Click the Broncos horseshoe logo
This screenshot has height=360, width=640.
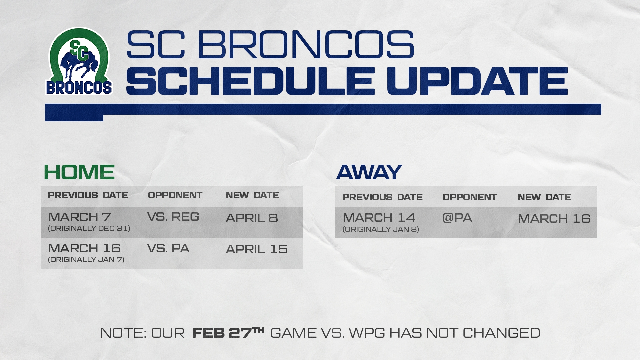(x=79, y=61)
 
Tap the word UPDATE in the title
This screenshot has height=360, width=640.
(x=477, y=81)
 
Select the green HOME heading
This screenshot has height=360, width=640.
(x=79, y=172)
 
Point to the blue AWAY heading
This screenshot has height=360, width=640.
(x=369, y=172)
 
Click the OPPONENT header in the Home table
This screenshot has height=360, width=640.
(x=175, y=195)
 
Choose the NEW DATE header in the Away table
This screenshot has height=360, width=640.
(x=544, y=197)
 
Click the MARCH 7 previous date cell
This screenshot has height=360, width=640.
(x=79, y=217)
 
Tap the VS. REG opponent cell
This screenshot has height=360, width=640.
(x=173, y=217)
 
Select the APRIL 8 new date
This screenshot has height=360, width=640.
(x=252, y=218)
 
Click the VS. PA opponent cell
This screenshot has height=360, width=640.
(x=168, y=248)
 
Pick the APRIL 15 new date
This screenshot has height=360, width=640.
(x=257, y=249)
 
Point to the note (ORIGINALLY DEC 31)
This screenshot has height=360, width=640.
(x=89, y=228)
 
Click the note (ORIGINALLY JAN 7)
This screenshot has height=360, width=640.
(x=86, y=260)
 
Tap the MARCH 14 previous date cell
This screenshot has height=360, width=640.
(x=379, y=218)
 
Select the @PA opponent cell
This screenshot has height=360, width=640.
(x=457, y=218)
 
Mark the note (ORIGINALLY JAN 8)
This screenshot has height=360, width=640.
(x=381, y=229)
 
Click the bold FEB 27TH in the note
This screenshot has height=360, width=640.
(x=228, y=333)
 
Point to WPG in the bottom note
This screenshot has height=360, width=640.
(x=367, y=333)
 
